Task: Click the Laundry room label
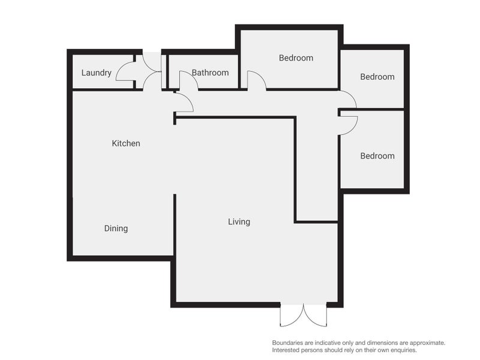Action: pyautogui.click(x=96, y=73)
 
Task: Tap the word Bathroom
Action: pyautogui.click(x=210, y=73)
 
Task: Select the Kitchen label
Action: pyautogui.click(x=126, y=143)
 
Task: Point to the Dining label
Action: pyautogui.click(x=116, y=229)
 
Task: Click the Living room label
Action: pyautogui.click(x=239, y=222)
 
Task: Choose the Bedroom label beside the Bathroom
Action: pyautogui.click(x=296, y=58)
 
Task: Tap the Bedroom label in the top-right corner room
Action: pyautogui.click(x=377, y=77)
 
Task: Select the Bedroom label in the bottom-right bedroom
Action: pyautogui.click(x=377, y=156)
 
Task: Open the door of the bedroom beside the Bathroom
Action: pyautogui.click(x=256, y=80)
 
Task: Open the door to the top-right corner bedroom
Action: pyautogui.click(x=347, y=99)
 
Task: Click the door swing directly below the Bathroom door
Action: pyautogui.click(x=184, y=103)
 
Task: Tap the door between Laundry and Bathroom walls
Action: pyautogui.click(x=153, y=63)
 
